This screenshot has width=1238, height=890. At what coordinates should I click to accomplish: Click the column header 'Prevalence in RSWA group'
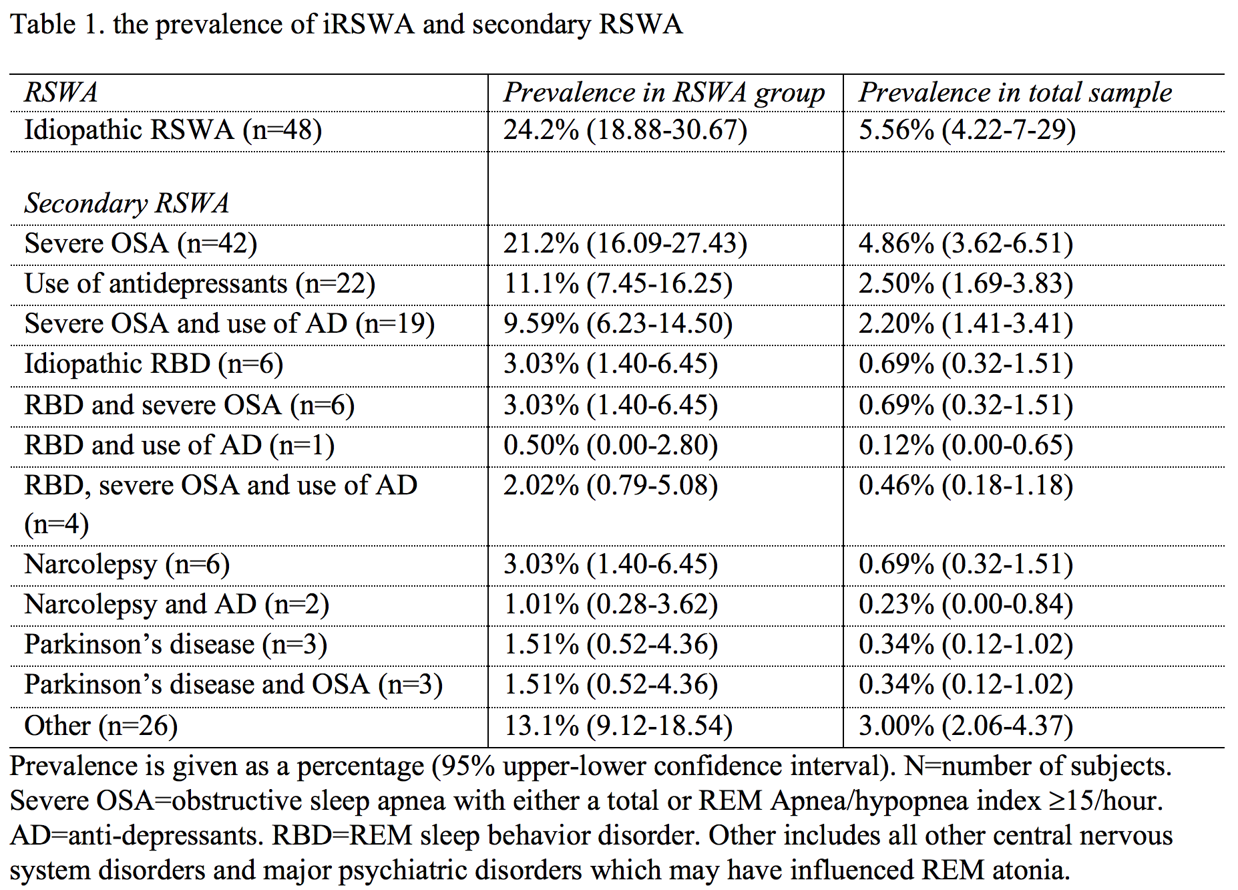coord(664,93)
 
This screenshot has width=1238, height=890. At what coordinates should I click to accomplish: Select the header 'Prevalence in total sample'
coord(1015,93)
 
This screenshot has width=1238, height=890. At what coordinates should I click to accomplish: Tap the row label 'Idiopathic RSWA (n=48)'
coord(173,130)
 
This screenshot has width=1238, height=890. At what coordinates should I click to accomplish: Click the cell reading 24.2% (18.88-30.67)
coord(625,130)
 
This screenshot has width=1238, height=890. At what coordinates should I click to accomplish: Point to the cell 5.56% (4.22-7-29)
coord(967,130)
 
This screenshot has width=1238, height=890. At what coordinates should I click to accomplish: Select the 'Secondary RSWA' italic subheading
coord(127,203)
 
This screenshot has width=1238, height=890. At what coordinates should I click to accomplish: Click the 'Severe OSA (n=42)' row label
coord(140,243)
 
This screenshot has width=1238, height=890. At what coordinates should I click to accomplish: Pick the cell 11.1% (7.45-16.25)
coord(618,283)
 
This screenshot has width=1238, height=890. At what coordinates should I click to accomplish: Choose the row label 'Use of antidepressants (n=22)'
coord(200,283)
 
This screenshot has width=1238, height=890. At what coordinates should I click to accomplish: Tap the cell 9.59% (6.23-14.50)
coord(618,323)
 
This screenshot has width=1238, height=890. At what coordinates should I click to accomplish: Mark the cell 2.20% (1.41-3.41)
coord(966,323)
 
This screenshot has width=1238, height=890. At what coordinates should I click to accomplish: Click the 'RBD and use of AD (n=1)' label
coord(179,445)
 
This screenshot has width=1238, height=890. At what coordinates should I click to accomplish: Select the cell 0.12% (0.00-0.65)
coord(966,445)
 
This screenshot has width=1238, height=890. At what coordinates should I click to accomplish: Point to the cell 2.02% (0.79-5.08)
coord(610,485)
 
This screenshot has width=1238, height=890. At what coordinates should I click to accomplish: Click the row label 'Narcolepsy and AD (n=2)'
coord(176,604)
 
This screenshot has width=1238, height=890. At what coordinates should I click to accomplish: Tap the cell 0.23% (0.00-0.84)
coord(966,604)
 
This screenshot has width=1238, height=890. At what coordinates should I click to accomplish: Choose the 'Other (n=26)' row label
coord(101,726)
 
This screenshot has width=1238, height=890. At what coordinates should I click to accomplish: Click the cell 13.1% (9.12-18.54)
coord(618,726)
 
